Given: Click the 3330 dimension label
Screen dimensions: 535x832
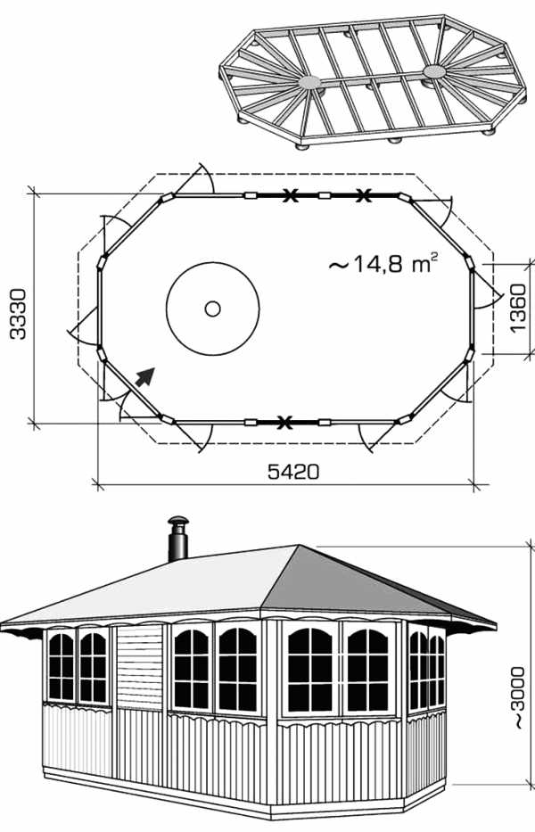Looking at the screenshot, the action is (x=18, y=314).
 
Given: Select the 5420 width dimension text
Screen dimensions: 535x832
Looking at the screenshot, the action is (x=293, y=472).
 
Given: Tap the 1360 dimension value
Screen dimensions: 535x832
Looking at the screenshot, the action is (x=517, y=308).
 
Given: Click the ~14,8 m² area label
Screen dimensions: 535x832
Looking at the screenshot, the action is (x=383, y=263).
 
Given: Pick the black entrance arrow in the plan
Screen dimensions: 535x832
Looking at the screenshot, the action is (x=144, y=376).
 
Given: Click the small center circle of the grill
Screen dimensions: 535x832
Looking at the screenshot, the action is (x=213, y=309).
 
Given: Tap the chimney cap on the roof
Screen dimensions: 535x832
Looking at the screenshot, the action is (x=177, y=521).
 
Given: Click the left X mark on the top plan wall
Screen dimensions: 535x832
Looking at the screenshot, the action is (x=289, y=195).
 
